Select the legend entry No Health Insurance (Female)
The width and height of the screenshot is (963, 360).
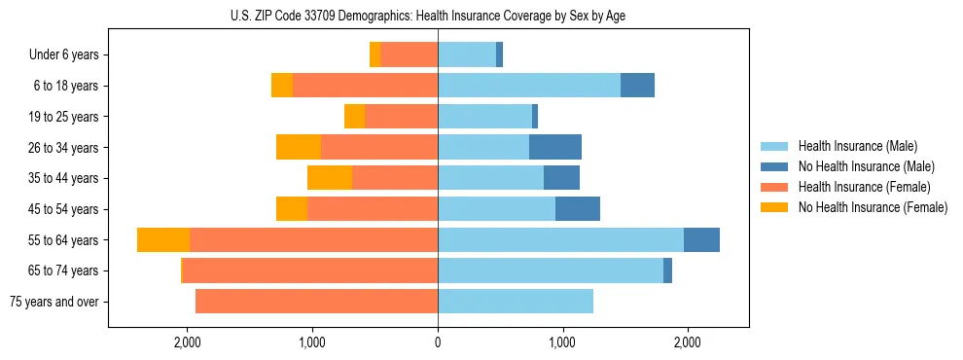tap(873, 207)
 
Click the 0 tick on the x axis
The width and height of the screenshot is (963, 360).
tap(438, 342)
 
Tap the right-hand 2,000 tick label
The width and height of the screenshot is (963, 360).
tap(688, 342)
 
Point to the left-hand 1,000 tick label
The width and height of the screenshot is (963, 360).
tap(312, 342)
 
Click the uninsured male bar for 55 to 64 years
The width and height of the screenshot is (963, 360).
tap(701, 240)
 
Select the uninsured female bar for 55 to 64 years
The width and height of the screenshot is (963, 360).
tap(163, 240)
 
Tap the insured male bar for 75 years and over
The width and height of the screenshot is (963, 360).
tap(516, 302)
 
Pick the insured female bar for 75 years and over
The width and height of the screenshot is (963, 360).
tap(316, 302)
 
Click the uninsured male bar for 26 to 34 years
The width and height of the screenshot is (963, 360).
tap(555, 148)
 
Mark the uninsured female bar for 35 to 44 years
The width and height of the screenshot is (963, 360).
tap(330, 178)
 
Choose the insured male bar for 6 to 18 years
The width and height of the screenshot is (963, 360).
tap(529, 86)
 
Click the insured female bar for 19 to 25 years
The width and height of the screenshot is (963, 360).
tap(401, 117)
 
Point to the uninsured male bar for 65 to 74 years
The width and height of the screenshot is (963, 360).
tap(667, 270)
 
